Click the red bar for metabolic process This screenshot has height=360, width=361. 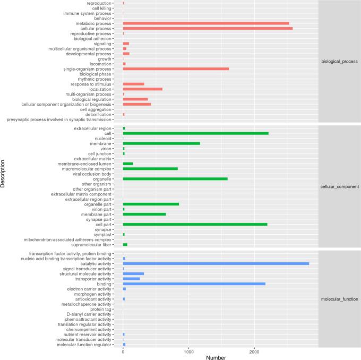pyautogui.click(x=206, y=23)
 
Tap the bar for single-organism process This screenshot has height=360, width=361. pyautogui.click(x=176, y=69)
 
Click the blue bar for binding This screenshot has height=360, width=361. pyautogui.click(x=194, y=284)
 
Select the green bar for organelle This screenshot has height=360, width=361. pyautogui.click(x=175, y=178)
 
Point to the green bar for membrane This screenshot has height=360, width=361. pyautogui.click(x=161, y=143)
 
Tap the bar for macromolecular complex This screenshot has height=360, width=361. pyautogui.click(x=150, y=169)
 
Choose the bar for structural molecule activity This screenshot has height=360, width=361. pyautogui.click(x=133, y=274)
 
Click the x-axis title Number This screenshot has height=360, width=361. pyautogui.click(x=217, y=357)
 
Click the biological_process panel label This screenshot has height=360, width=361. pyautogui.click(x=339, y=62)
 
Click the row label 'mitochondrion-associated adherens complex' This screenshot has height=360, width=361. pyautogui.click(x=67, y=240)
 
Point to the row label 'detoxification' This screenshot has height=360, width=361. pyautogui.click(x=98, y=115)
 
